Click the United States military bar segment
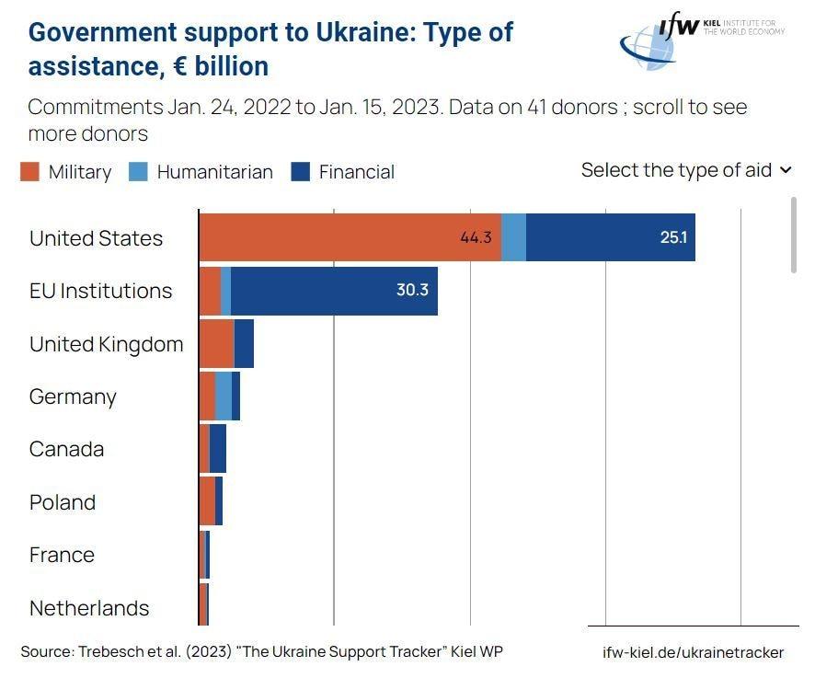click(x=350, y=237)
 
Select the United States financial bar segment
click(x=610, y=237)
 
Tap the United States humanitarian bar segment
click(x=513, y=237)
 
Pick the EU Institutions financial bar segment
click(x=333, y=291)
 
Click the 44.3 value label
click(x=476, y=237)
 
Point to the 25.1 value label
click(x=673, y=237)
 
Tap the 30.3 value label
click(x=412, y=290)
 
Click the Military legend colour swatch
click(x=30, y=172)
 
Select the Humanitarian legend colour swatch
click(x=138, y=172)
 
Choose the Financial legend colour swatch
click(x=300, y=172)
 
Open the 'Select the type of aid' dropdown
click(x=686, y=170)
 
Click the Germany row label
click(x=73, y=396)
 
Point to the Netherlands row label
click(x=89, y=608)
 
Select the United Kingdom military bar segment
click(x=216, y=344)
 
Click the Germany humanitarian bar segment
click(x=224, y=396)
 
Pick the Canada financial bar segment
click(x=218, y=449)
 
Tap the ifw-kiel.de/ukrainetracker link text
click(x=693, y=652)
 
